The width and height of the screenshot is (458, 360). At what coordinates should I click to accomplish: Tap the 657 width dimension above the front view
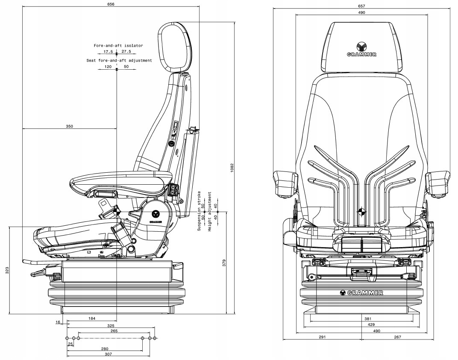[x=361, y=6]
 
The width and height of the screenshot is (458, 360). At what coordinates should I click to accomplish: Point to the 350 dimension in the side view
[x=70, y=126]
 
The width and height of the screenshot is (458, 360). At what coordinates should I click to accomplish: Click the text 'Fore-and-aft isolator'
[x=118, y=45]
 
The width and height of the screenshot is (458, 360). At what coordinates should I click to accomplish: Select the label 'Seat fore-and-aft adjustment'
[x=119, y=61]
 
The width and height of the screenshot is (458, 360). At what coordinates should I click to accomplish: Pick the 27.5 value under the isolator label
[x=126, y=52]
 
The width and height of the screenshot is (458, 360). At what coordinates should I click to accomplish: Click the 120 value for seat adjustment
[x=108, y=67]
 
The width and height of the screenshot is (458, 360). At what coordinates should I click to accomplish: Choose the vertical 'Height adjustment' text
[x=210, y=212]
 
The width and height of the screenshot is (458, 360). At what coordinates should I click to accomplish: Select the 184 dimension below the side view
[x=91, y=319]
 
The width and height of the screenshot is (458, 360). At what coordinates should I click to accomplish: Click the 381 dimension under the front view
[x=361, y=319]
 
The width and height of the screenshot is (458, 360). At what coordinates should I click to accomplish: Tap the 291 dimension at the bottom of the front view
[x=322, y=337]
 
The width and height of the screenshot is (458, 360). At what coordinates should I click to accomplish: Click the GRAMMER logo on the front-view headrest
[x=361, y=50]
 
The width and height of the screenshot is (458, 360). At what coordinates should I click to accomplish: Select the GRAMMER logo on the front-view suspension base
[x=361, y=293]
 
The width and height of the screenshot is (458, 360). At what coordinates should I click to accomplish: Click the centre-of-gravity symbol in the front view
[x=361, y=211]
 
